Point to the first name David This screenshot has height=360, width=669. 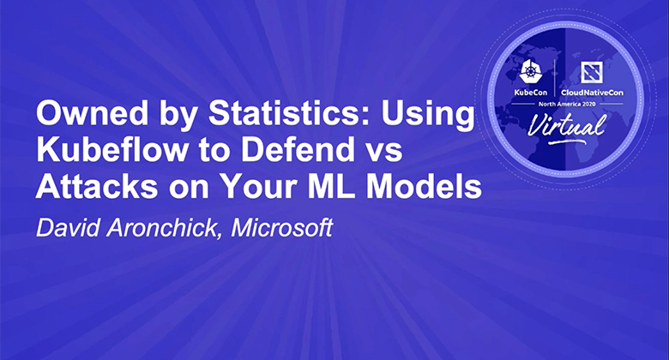click(68, 228)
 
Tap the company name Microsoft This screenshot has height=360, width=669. click(281, 228)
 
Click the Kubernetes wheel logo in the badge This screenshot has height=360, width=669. click(531, 72)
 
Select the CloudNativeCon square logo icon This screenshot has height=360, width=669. click(592, 72)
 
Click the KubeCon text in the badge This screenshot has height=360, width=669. click(530, 93)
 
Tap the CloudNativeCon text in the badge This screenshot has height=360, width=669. click(592, 93)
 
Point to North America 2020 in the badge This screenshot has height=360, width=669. click(567, 104)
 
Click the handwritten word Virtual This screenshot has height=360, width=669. click(567, 126)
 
